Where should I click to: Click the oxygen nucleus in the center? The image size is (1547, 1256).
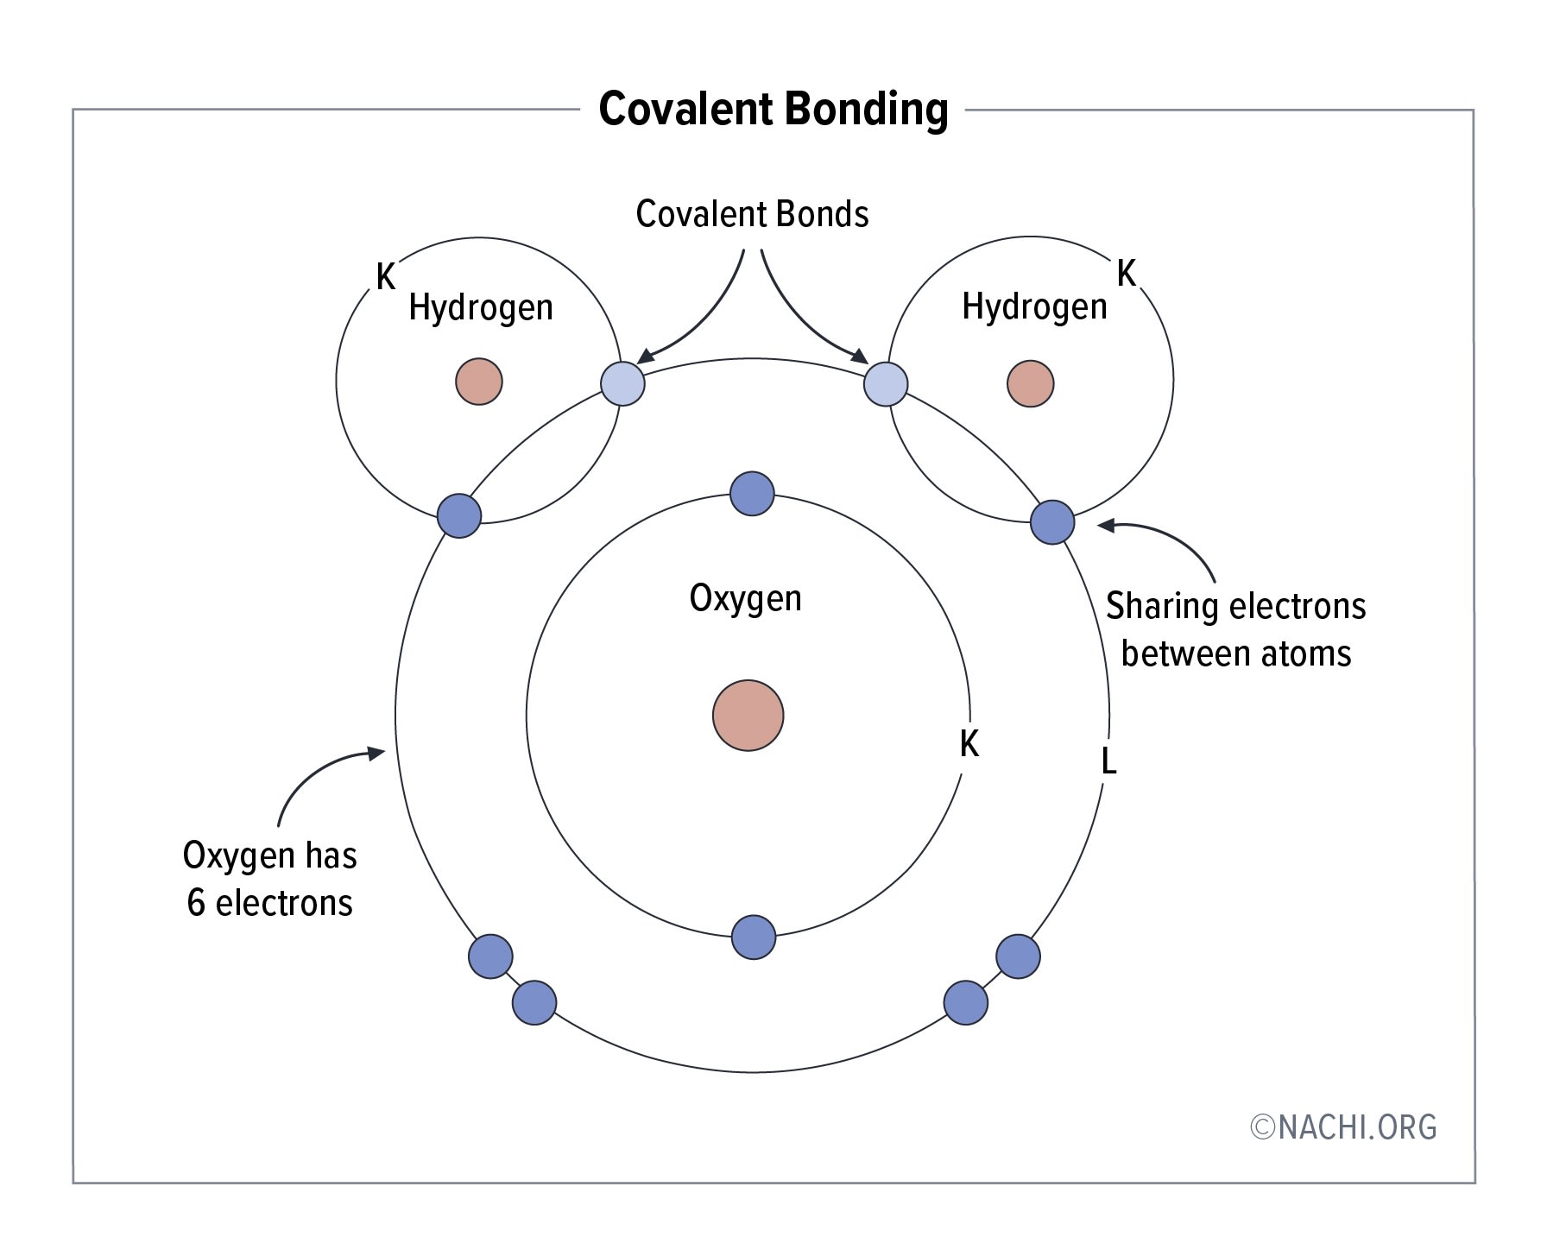(748, 716)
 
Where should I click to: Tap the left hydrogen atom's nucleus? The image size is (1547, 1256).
(479, 382)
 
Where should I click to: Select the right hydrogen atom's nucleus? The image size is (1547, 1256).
(1030, 383)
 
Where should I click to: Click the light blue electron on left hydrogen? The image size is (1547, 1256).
(622, 383)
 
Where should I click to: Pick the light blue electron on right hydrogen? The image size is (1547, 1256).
(886, 383)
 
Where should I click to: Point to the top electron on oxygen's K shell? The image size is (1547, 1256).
(752, 494)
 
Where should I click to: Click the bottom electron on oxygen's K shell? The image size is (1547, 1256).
(753, 937)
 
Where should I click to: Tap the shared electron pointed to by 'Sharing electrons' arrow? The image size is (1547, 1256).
(1052, 522)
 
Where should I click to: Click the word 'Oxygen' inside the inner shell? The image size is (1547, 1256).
(745, 598)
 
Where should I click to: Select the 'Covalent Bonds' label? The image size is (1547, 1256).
(752, 214)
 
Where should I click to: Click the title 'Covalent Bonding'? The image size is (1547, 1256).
(773, 110)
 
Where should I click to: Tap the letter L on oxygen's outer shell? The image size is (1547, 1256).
(1109, 761)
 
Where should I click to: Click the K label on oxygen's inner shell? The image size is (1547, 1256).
(969, 744)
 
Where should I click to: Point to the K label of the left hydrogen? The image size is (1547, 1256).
(386, 277)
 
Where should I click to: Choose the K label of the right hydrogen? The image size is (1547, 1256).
(1126, 274)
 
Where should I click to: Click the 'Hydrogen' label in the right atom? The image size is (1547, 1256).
(1034, 307)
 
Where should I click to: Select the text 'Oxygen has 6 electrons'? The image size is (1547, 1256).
(270, 879)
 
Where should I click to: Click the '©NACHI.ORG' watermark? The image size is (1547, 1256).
(1343, 1127)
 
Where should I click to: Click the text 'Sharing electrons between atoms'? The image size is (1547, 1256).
(1235, 629)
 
